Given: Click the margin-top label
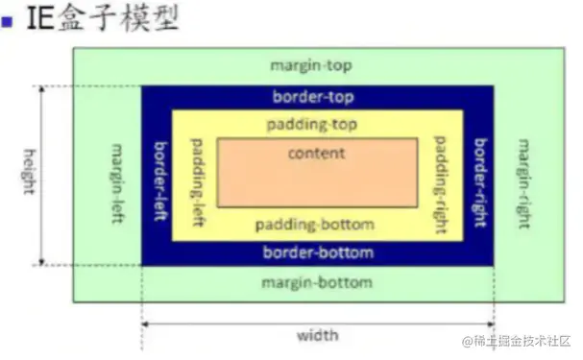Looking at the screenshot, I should tap(310, 65).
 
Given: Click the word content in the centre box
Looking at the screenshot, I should tap(316, 153).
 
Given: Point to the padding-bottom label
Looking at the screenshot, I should tap(316, 225).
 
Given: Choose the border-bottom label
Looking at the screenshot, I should tap(317, 252).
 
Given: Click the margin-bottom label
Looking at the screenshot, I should tap(316, 283).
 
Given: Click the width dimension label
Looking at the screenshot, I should tap(317, 336).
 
